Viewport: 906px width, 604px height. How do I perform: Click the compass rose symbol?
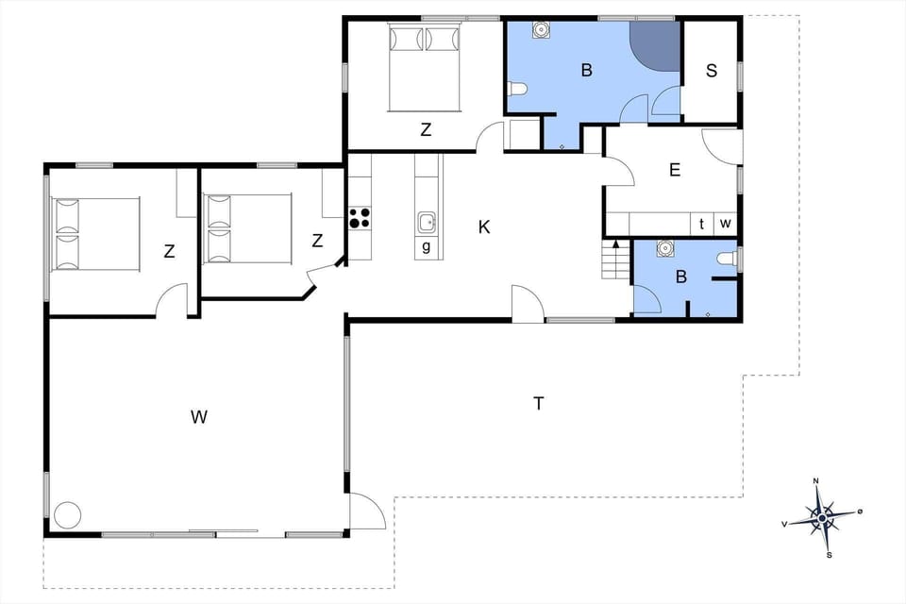[822, 517]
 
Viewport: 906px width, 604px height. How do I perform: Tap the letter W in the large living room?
[198, 416]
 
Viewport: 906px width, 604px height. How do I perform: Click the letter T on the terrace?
[539, 404]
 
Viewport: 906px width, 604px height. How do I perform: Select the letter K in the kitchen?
[484, 226]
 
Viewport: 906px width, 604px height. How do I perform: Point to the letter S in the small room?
[711, 71]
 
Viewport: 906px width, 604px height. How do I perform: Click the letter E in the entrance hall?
[674, 170]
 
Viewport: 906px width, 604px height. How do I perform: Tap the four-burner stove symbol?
[360, 218]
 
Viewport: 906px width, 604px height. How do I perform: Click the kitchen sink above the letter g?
[427, 222]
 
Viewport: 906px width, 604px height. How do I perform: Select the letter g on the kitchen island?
[427, 247]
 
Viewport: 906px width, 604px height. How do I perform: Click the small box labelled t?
[702, 224]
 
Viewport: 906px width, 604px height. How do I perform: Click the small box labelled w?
[726, 224]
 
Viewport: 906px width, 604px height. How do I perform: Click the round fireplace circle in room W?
[68, 515]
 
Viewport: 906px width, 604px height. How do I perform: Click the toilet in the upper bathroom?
[516, 90]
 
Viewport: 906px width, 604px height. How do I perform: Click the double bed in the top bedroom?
[423, 66]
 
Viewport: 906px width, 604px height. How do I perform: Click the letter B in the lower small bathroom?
[679, 278]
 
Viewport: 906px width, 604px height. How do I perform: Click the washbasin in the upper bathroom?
[542, 29]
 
